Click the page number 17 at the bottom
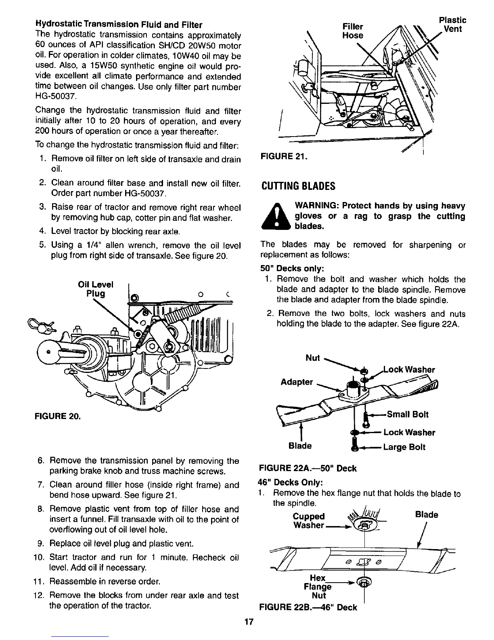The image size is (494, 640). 248,622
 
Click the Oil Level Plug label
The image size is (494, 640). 96,288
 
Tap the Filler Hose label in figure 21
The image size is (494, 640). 352,31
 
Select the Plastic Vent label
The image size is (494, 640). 452,24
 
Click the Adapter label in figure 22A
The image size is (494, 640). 297,382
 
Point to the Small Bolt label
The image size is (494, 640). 407,414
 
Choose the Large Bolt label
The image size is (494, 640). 404,447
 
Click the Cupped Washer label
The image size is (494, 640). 309,520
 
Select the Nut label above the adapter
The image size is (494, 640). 313,358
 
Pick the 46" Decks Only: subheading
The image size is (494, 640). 290,482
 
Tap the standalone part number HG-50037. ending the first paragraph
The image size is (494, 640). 56,97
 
